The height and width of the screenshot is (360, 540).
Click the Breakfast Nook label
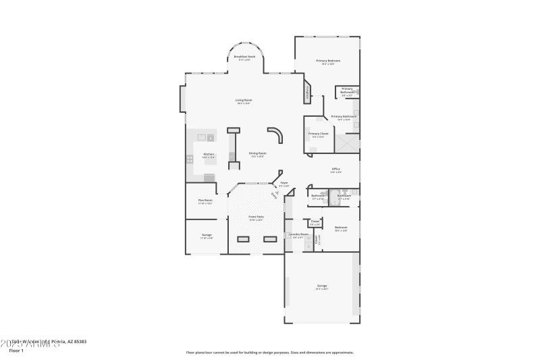[244, 57]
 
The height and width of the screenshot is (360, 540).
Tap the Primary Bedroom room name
[329, 61]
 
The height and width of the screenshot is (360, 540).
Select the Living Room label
[244, 101]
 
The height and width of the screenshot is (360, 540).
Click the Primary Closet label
[319, 134]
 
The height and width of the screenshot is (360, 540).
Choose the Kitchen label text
[209, 154]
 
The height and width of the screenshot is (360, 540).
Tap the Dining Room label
[257, 153]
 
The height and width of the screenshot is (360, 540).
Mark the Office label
[335, 169]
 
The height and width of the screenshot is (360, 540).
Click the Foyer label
[284, 182]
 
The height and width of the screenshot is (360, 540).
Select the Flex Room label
[205, 200]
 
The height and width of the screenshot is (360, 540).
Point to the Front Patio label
[256, 217]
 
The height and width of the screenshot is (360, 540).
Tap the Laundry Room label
[299, 234]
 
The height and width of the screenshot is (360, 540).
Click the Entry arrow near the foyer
[274, 195]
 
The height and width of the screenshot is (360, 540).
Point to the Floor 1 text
[16, 351]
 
